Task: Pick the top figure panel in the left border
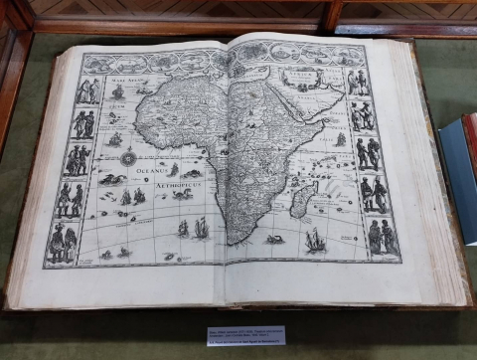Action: point(88,90)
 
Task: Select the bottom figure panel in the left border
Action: point(62,242)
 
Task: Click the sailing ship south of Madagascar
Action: point(315,239)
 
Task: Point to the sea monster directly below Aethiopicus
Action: point(179,195)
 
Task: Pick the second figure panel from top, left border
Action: point(83,124)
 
